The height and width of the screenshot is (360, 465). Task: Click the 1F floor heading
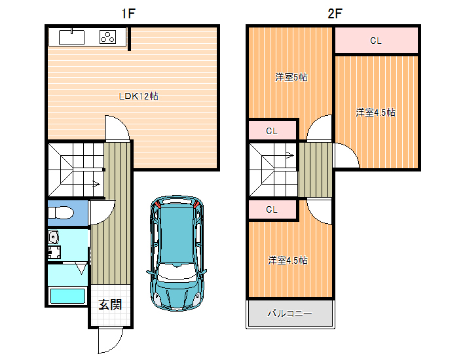(x=128, y=13)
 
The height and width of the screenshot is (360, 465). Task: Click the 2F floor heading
(x=335, y=13)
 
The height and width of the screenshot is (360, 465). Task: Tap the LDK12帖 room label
(x=138, y=96)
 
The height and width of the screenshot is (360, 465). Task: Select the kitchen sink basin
(x=72, y=37)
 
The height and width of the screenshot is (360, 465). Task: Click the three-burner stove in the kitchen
(x=107, y=37)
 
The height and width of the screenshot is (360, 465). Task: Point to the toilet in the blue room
(x=61, y=213)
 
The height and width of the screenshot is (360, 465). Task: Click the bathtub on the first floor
(x=67, y=296)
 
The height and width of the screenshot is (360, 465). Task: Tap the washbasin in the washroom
(x=54, y=237)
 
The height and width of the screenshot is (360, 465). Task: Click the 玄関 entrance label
(x=110, y=304)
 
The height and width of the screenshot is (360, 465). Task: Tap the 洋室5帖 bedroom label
(x=291, y=77)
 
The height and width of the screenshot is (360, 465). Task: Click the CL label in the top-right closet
(x=376, y=41)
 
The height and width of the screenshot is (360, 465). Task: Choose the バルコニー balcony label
(x=289, y=313)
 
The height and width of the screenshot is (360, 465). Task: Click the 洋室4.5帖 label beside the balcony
(x=288, y=261)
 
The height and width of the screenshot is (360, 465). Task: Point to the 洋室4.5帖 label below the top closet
(x=375, y=113)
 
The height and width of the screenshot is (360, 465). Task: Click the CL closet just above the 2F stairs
(x=272, y=131)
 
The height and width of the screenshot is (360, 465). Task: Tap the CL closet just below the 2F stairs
(x=272, y=209)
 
